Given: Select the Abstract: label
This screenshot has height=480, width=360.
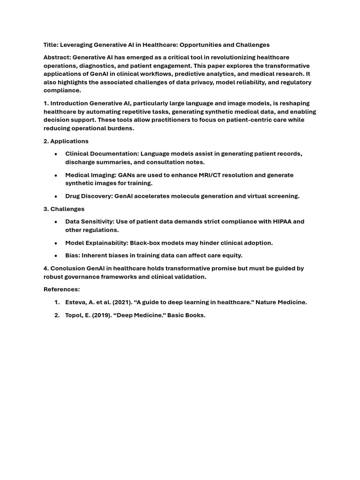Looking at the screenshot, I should pyautogui.click(x=57, y=57).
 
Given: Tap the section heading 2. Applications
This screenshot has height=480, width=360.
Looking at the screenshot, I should pyautogui.click(x=66, y=141).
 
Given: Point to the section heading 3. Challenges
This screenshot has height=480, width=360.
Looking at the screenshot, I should pyautogui.click(x=64, y=209).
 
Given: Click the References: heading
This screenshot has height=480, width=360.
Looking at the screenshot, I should pyautogui.click(x=62, y=289).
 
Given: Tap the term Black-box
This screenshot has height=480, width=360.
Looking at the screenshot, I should pyautogui.click(x=146, y=243).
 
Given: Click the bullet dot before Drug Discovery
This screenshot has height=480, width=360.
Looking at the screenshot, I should pyautogui.click(x=56, y=196).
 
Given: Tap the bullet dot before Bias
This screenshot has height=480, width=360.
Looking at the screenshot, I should pyautogui.click(x=56, y=256).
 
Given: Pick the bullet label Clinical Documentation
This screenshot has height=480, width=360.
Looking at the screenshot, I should pyautogui.click(x=102, y=154).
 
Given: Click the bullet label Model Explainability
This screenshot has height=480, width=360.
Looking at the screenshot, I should pyautogui.click(x=97, y=243).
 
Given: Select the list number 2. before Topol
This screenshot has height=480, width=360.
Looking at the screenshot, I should pyautogui.click(x=56, y=315).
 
